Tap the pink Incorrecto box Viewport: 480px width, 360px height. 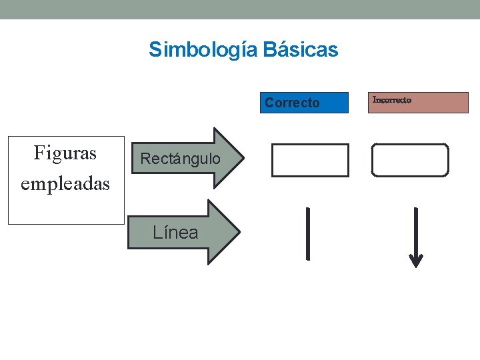[x=418, y=103]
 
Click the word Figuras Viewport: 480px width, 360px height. [x=65, y=153]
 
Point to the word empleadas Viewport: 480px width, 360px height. [x=65, y=183]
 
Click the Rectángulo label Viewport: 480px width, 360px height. [x=180, y=159]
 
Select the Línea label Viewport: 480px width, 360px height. [x=175, y=233]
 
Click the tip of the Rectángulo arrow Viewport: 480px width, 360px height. [x=241, y=159]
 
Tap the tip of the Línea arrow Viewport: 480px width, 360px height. [x=237, y=232]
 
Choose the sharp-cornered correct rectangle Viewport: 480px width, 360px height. [x=310, y=160]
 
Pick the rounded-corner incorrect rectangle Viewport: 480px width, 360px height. [x=410, y=160]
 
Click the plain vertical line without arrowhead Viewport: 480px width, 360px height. [x=308, y=233]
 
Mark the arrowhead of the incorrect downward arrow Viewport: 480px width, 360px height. [x=416, y=261]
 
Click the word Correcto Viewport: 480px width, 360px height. [x=292, y=103]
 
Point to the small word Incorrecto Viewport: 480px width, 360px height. [x=392, y=100]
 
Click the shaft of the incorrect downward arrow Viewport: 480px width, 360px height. [x=416, y=230]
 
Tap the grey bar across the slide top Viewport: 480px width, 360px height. [x=240, y=9]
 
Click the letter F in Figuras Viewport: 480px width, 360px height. [x=39, y=153]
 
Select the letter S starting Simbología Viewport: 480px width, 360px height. [x=155, y=50]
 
